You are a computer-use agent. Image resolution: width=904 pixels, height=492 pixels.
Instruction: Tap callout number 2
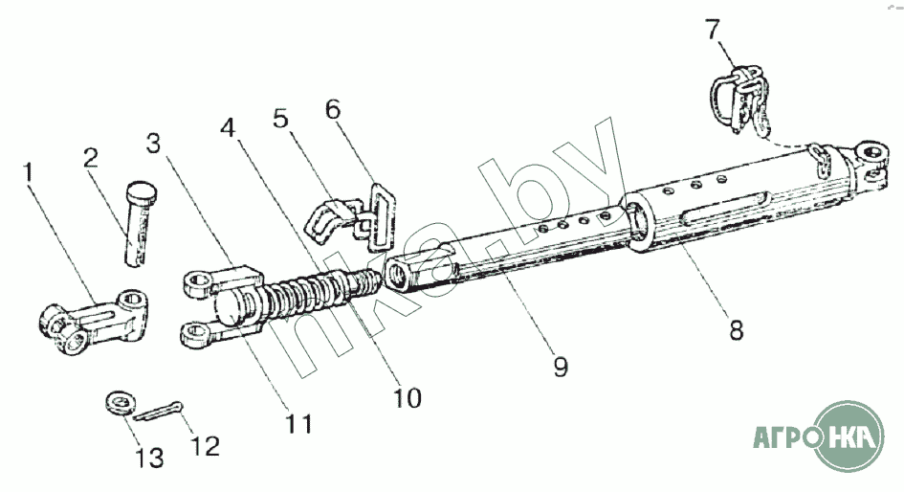click(x=90, y=159)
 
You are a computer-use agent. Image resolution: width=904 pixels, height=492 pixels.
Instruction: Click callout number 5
click(x=279, y=120)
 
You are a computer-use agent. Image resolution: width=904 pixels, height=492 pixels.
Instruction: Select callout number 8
click(x=736, y=330)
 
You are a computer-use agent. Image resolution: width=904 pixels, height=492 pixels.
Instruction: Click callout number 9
click(x=561, y=367)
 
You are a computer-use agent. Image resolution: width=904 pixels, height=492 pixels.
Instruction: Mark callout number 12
click(x=206, y=445)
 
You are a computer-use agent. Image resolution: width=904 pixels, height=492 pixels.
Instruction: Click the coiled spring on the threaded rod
click(x=306, y=291)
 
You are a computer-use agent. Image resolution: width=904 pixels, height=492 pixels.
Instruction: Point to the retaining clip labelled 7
click(x=739, y=97)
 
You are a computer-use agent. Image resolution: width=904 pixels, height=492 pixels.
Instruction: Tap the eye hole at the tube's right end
click(x=871, y=151)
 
